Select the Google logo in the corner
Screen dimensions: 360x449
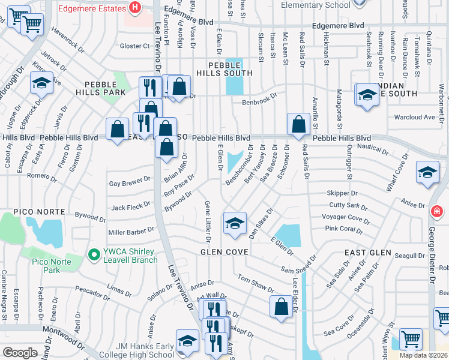20,353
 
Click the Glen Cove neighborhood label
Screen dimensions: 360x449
224,253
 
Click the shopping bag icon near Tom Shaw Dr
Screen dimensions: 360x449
281,307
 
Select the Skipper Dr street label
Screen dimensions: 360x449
343,193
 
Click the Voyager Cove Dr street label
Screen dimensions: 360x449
346,217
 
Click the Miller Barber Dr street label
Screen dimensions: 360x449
131,232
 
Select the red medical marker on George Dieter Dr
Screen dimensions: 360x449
437,211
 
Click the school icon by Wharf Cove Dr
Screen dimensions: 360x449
427,173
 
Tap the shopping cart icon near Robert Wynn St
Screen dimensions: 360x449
411,340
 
